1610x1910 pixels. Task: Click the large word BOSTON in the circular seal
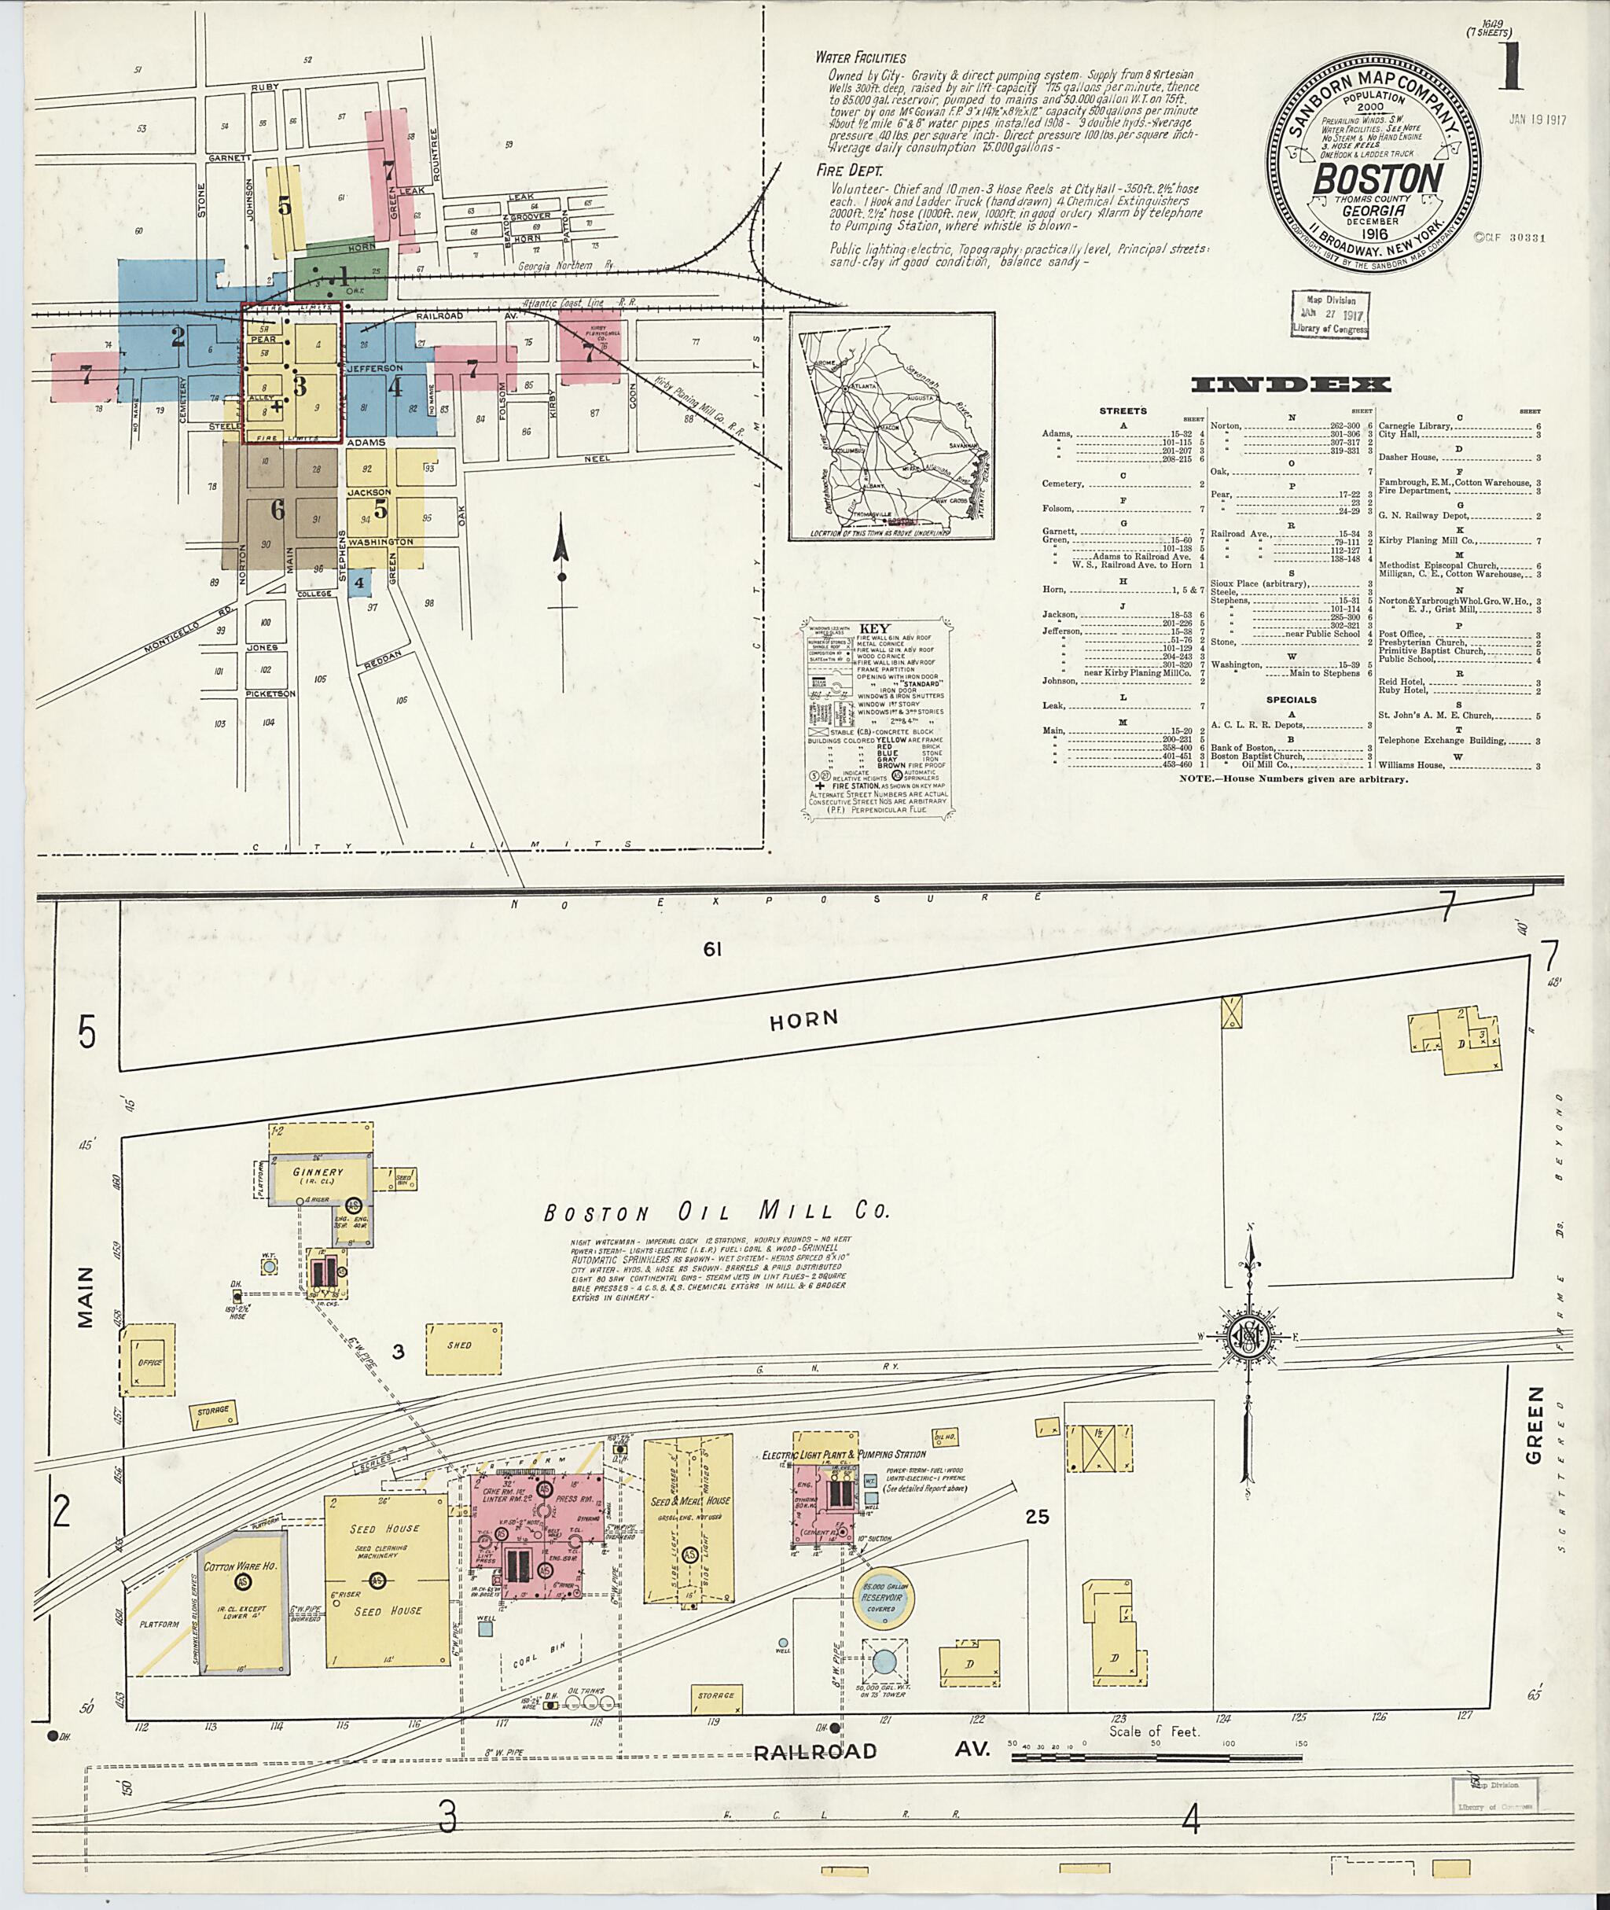[1377, 178]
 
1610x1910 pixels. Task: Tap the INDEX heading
[1292, 385]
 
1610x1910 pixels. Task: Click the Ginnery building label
[318, 1172]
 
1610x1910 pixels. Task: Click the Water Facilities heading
[861, 57]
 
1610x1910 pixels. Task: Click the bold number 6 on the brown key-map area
[277, 510]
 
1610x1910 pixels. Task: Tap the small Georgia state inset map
[891, 426]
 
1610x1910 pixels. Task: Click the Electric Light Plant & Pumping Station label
[844, 1453]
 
